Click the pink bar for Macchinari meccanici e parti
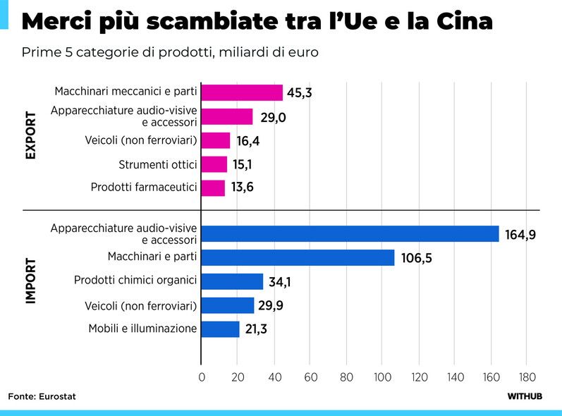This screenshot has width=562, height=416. coord(242,92)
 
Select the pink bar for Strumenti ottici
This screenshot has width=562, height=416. coord(214,164)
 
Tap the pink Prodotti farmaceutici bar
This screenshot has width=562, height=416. coord(213,188)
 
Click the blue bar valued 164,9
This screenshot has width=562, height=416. coord(350,234)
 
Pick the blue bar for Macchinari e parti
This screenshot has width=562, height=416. coord(298,257)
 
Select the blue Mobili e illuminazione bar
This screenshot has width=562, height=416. coord(220,329)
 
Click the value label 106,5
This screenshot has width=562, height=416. coord(416,258)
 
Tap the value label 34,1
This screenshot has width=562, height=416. coord(280,282)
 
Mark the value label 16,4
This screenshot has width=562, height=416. coord(248,141)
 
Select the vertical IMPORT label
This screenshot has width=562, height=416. coord(31,281)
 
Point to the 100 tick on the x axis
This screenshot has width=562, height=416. coord(382,377)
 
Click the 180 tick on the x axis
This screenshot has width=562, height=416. coord(527,377)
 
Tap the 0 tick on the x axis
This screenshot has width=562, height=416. coord(202,377)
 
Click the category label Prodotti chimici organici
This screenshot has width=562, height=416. coord(135,280)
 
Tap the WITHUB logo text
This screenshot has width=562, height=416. coord(525,396)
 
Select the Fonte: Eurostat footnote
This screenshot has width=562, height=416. coord(42,396)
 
